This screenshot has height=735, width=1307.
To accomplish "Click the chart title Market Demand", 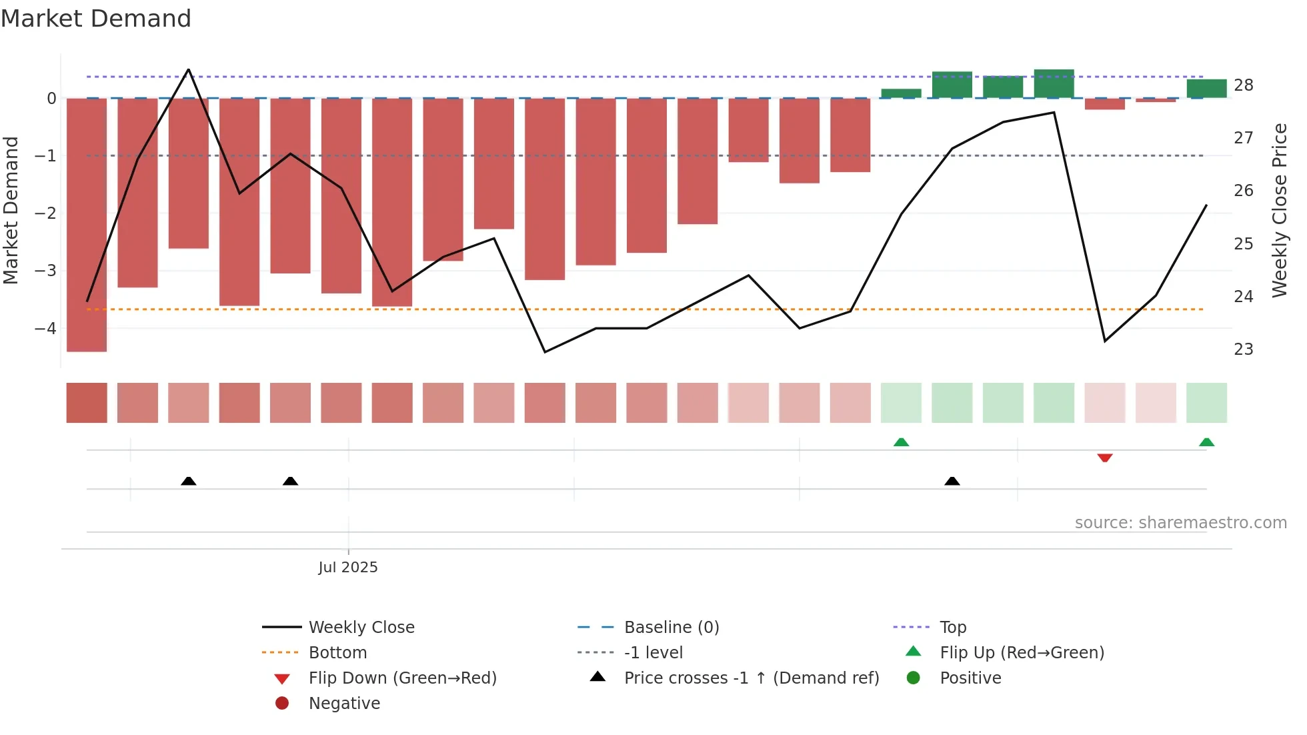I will pos(96,18).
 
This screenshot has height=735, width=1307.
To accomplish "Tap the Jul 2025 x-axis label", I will pos(347,567).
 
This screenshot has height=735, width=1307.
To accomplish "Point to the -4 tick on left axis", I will pos(45,328).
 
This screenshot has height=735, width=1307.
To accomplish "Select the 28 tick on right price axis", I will pos(1243,85).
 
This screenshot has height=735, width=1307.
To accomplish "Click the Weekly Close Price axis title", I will pos(1279,210).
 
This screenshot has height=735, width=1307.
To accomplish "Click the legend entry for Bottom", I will pos(337,652).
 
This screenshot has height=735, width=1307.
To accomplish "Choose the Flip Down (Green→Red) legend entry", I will pos(402,678).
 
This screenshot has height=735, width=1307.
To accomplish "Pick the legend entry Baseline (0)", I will pos(671,627).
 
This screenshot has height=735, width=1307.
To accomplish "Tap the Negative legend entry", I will pos(344,703).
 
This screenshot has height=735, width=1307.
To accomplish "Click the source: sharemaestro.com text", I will pos(1180,522).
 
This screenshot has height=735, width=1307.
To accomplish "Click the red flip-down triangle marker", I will pos(1105,458).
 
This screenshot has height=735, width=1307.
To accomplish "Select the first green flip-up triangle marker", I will pos(901,442).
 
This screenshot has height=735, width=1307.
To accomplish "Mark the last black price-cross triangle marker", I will pos(952,481).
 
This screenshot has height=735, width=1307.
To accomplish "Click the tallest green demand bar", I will pos(1054,83).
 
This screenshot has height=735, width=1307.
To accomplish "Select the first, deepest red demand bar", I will pos(87,224).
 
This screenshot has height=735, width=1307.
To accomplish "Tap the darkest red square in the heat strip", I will pos(87,402).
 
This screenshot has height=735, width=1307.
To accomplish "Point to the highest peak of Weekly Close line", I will pos(189,70).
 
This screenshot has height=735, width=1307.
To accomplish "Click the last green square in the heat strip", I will pos(1206,402).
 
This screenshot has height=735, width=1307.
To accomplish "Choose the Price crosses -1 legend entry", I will pos(751,678).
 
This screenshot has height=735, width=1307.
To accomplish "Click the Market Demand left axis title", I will pos(11,210).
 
